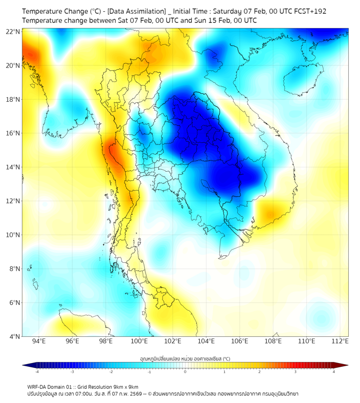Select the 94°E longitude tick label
coord(39,341)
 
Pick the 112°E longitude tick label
coord(340,341)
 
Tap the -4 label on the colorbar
coord(36,372)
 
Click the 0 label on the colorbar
coord(185,372)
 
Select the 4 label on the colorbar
coord(334,372)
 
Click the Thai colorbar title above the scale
coord(185,358)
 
